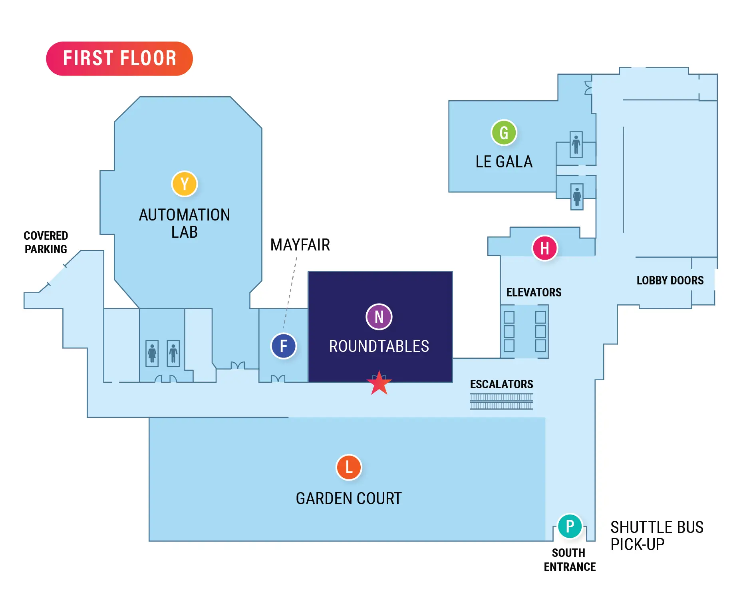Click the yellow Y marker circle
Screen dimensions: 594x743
(184, 184)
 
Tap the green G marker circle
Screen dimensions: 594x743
(504, 133)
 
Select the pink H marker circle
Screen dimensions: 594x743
(544, 248)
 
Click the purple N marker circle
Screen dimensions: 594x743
(379, 317)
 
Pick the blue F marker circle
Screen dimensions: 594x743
(284, 346)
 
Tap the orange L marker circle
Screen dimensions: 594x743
(349, 467)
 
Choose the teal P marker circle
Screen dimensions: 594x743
(570, 526)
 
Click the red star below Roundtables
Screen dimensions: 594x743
(379, 383)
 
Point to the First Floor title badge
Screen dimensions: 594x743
(119, 58)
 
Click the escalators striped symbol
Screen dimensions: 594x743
(501, 401)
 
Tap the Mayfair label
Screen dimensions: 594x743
(300, 245)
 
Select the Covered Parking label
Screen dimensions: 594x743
(46, 242)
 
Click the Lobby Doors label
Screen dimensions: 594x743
(670, 280)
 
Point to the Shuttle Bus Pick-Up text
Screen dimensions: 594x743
(657, 536)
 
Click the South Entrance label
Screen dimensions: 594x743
(569, 560)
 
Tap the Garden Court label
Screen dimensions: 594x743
(348, 499)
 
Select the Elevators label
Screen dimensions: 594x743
(534, 292)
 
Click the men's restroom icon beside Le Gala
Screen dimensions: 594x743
(576, 145)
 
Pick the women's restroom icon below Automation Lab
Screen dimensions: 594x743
(152, 354)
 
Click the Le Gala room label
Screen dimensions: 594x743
(504, 162)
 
